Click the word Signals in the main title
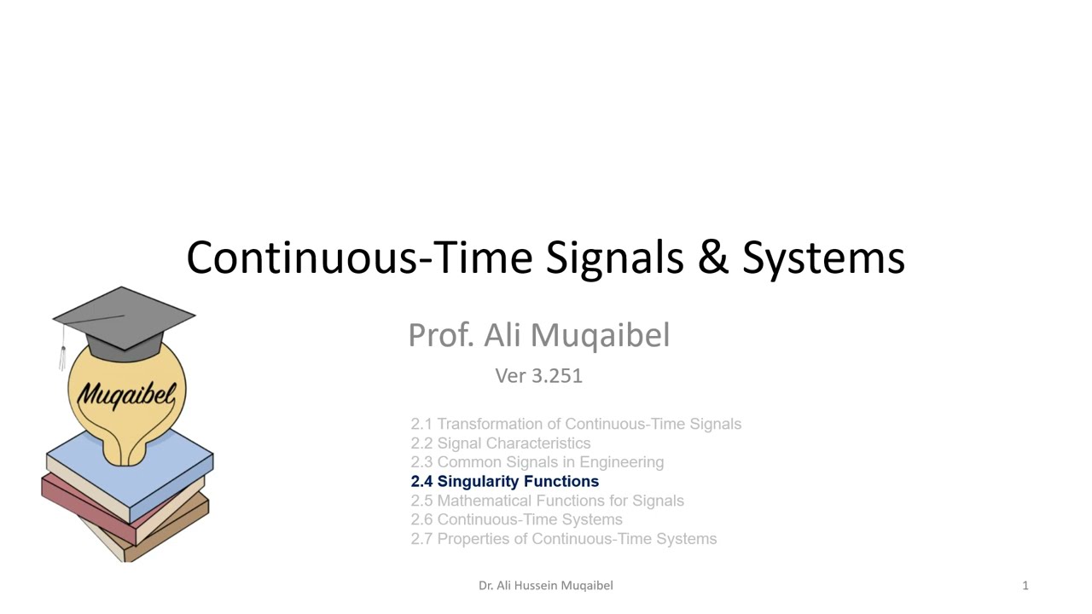coord(614,258)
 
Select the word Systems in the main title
coord(823,258)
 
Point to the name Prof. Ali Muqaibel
coord(538,335)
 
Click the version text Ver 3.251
coord(538,376)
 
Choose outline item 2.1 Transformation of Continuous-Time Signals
coord(576,424)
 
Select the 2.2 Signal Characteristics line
coord(500,443)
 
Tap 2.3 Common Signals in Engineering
coord(537,462)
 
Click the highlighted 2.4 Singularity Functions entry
coord(504,482)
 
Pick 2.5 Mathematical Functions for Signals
coord(547,501)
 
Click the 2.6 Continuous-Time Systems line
coord(516,519)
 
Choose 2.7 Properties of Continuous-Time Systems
coord(563,539)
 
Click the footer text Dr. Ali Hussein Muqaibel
coord(545,586)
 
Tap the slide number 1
coord(1025,586)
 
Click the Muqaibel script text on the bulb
coord(126,394)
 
